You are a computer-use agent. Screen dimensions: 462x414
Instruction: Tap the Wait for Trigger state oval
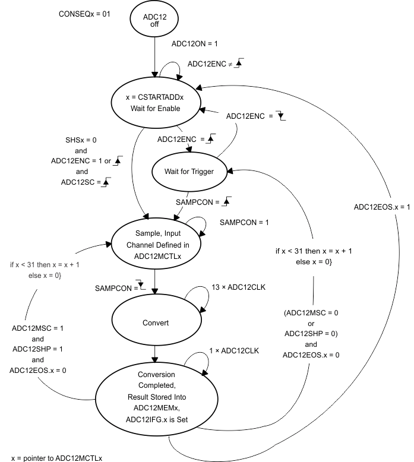click(x=189, y=172)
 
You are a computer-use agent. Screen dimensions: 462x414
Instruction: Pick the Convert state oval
click(x=156, y=322)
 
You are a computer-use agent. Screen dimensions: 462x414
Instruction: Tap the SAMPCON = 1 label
click(x=244, y=223)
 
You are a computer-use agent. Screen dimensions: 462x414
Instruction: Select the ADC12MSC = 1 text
click(x=37, y=328)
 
